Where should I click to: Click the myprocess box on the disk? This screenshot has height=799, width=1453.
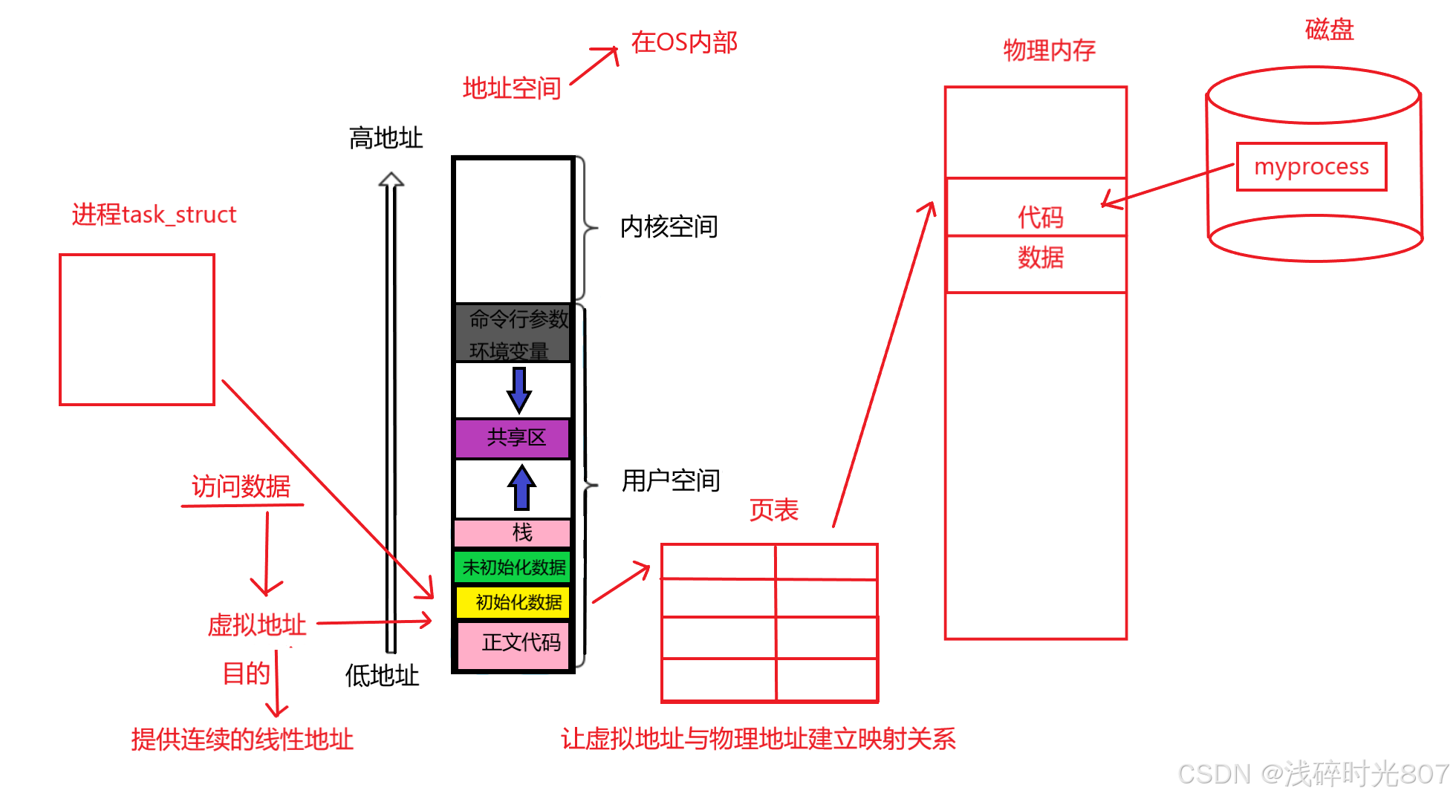click(1311, 166)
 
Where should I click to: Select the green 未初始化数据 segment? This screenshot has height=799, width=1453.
click(513, 567)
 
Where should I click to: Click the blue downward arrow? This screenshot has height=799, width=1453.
click(519, 389)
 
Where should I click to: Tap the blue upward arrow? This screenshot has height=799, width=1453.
click(521, 488)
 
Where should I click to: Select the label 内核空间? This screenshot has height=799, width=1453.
click(669, 226)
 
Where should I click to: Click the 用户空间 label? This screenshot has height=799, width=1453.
click(670, 480)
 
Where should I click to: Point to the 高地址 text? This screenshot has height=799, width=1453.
click(386, 138)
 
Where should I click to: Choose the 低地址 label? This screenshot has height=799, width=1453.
click(382, 676)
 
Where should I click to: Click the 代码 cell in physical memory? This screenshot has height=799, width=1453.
click(1039, 217)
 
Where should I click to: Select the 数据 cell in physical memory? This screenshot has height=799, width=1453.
click(1040, 258)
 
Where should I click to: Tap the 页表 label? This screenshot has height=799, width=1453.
click(773, 510)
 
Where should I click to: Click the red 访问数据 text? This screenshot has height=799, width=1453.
click(241, 486)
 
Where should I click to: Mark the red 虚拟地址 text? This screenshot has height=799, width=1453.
click(256, 624)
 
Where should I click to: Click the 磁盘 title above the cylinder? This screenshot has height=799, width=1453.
click(1329, 30)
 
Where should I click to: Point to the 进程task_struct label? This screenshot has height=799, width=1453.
click(154, 215)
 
